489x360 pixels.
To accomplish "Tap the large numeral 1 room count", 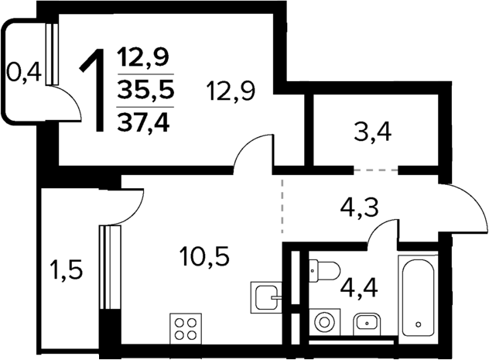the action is (95, 90).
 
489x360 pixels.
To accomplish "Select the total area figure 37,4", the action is (143, 122).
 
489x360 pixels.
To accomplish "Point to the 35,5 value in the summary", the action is (145, 91).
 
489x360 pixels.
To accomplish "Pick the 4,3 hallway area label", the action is (359, 208).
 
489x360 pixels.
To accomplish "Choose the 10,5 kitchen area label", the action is (205, 256).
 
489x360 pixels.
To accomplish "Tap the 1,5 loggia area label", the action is (67, 270).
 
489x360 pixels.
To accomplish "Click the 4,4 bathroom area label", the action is (359, 288).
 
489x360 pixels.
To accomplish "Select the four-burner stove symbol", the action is (186, 329).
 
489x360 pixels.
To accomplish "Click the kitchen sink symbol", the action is (266, 297).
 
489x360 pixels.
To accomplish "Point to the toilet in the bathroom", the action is (324, 270).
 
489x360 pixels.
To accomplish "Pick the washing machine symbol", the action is (325, 321).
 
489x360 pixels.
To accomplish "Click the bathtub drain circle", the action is (419, 324).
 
